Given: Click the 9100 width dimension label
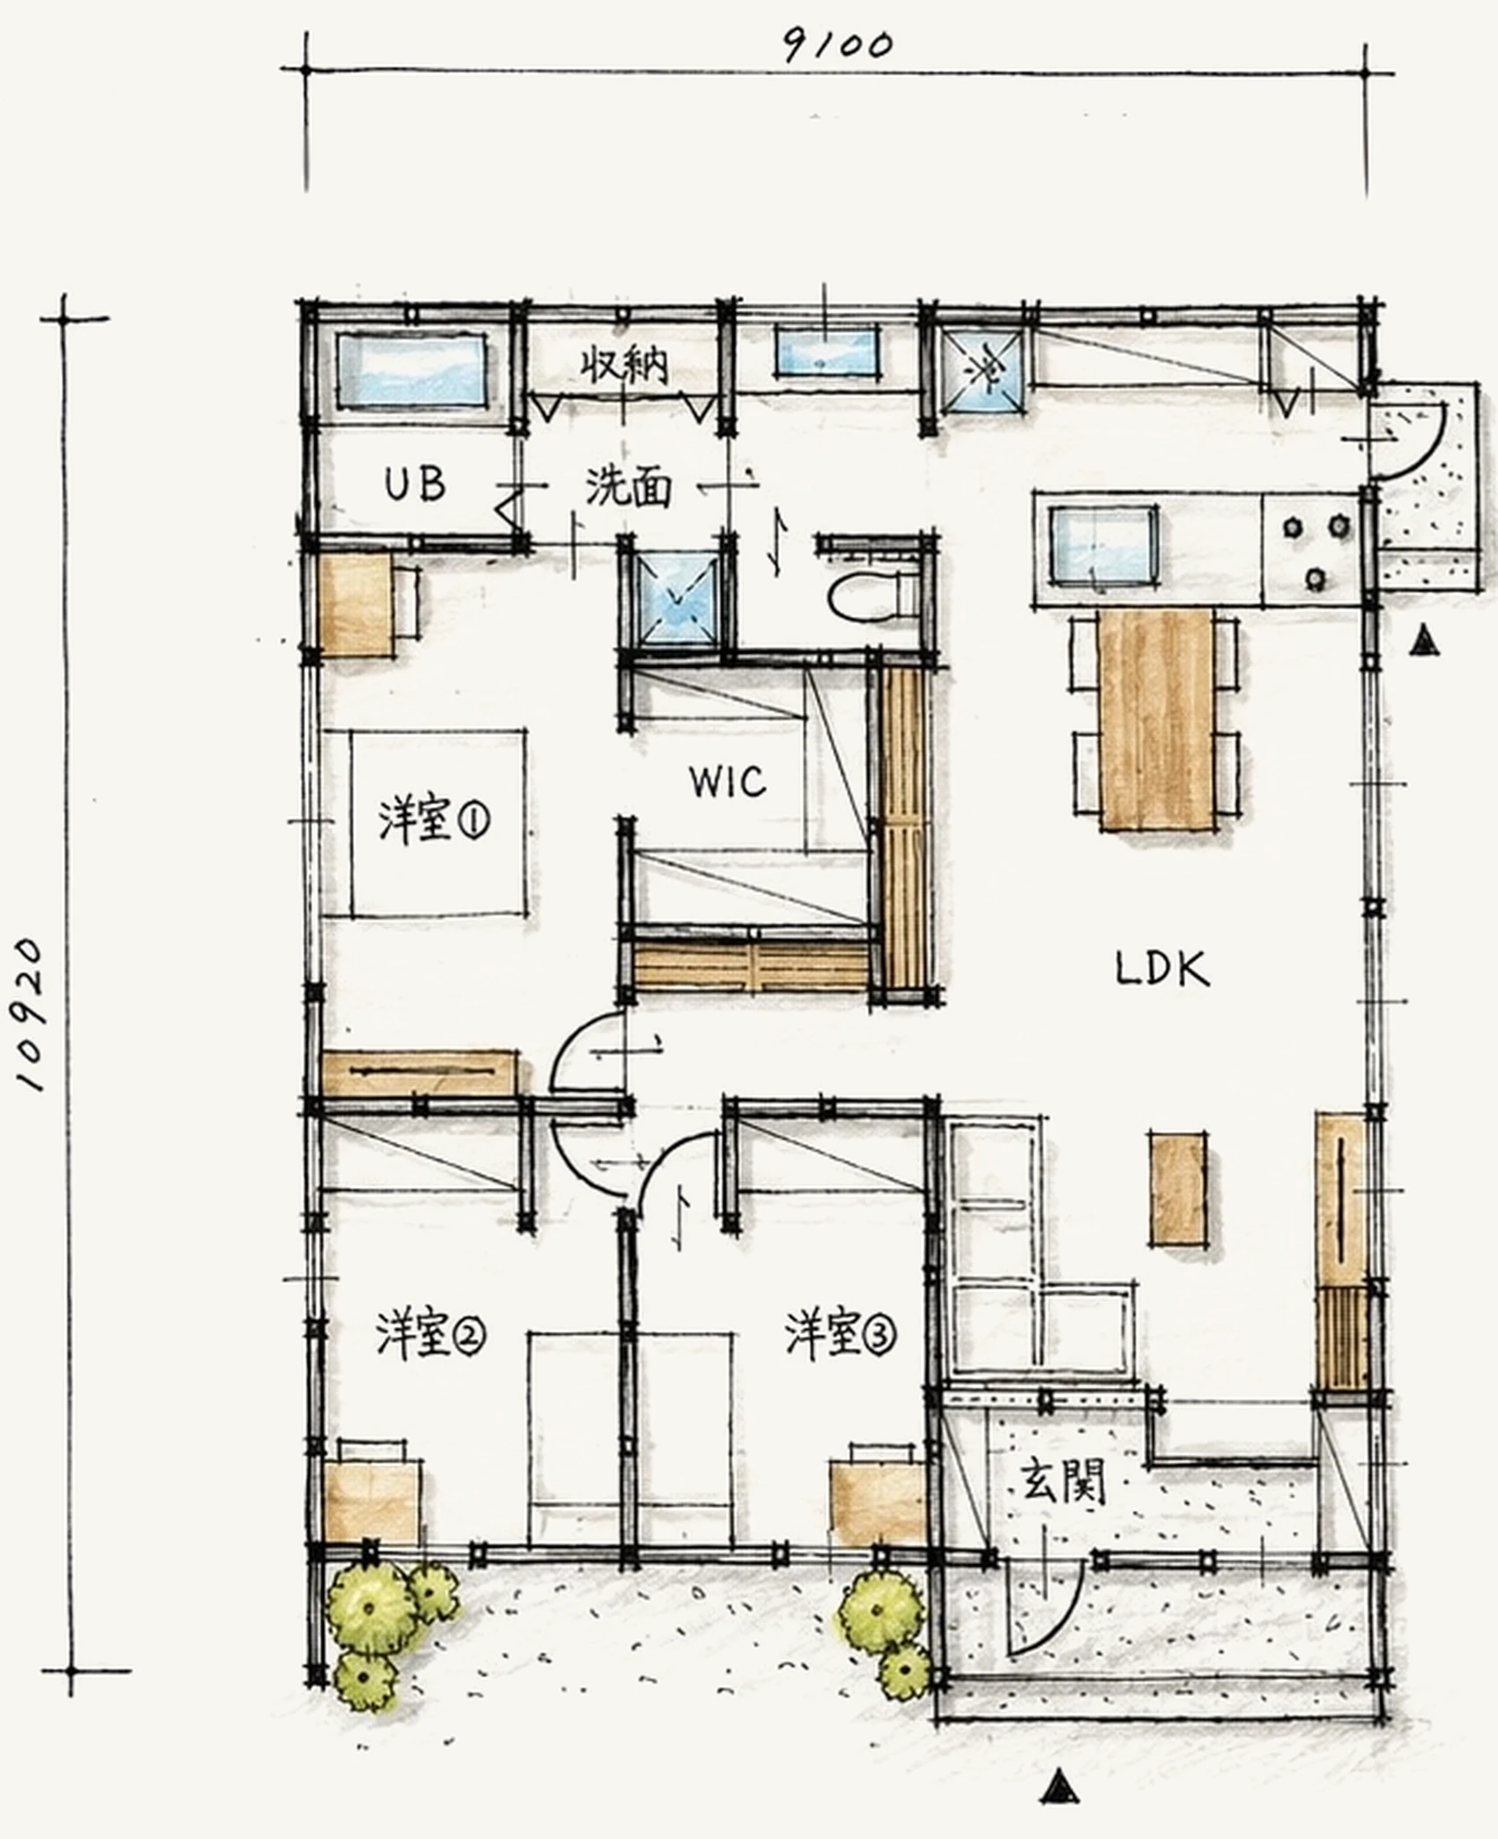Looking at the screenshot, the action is (838, 45).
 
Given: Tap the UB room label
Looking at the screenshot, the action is (414, 484).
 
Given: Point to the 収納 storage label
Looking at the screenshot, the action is (624, 365).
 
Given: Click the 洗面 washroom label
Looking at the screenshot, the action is (628, 487).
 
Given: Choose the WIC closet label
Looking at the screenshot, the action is (728, 782).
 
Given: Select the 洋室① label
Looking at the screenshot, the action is (434, 819).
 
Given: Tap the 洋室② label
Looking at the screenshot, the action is (430, 1336).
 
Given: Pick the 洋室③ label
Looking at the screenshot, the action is (840, 1335).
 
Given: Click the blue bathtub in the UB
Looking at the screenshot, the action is (412, 371).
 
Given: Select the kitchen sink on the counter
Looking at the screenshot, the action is (1103, 546).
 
